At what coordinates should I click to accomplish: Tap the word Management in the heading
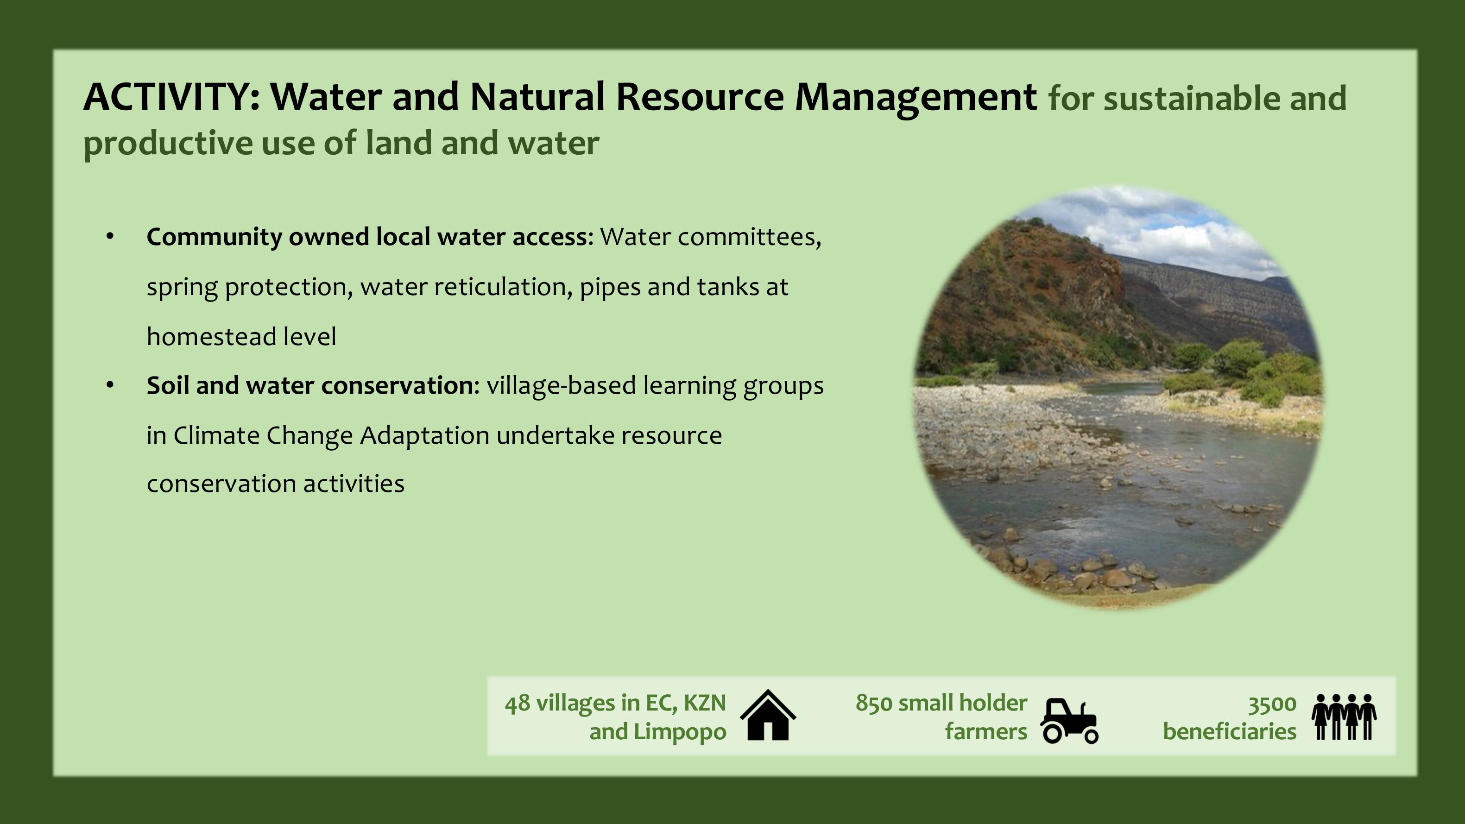pyautogui.click(x=916, y=98)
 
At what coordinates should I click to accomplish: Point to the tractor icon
pyautogui.click(x=1069, y=721)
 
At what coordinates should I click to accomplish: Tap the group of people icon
pyautogui.click(x=1344, y=717)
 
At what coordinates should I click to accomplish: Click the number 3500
pyautogui.click(x=1272, y=704)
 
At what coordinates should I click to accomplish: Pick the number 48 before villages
pyautogui.click(x=518, y=704)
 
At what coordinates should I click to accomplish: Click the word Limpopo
pyautogui.click(x=680, y=732)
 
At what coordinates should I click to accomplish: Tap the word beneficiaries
pyautogui.click(x=1230, y=731)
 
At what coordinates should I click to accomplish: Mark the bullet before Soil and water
pyautogui.click(x=110, y=385)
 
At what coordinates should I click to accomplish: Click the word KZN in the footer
pyautogui.click(x=705, y=704)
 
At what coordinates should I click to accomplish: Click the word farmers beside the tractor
pyautogui.click(x=986, y=731)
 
